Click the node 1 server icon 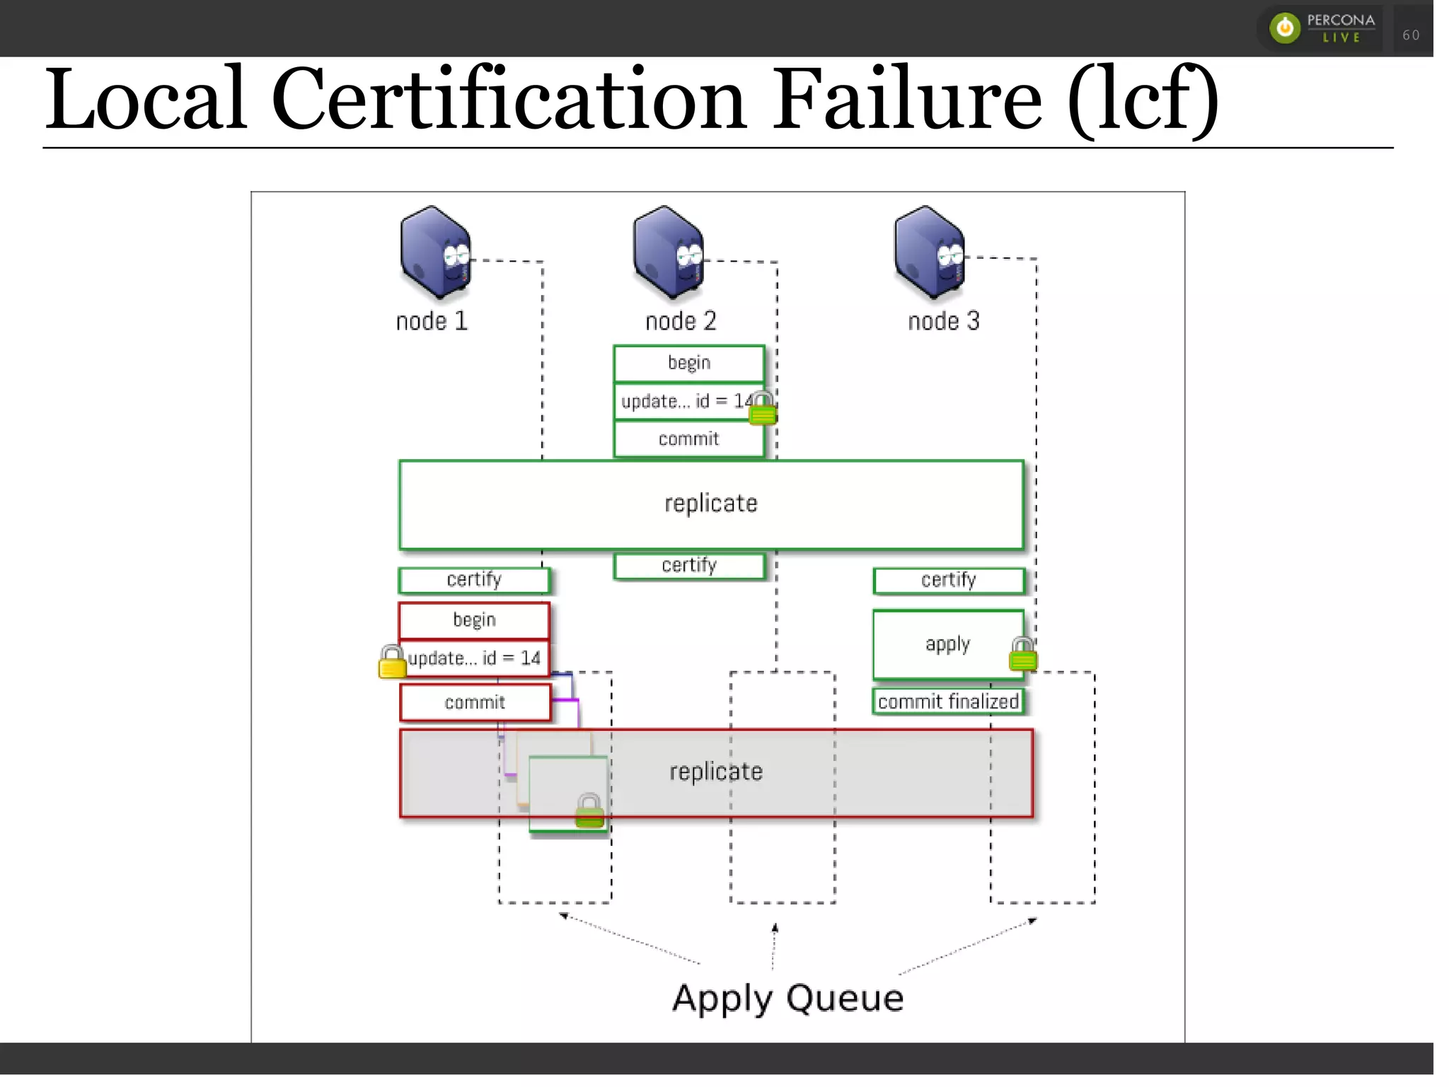434,252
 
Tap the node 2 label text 681,322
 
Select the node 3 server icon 929,252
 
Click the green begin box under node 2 688,364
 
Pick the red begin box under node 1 474,620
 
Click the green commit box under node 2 688,439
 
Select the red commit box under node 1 475,702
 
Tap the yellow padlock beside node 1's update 392,662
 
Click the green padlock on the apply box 1023,654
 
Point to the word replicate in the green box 710,504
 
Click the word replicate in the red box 716,772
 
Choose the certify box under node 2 689,566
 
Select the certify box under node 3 948,581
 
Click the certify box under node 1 474,580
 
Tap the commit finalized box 948,702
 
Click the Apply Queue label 787,999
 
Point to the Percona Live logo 1322,28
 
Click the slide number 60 1411,35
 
